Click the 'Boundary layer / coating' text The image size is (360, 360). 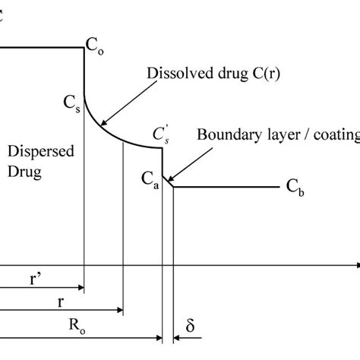(x=277, y=136)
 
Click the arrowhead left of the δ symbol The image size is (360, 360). (x=177, y=336)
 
